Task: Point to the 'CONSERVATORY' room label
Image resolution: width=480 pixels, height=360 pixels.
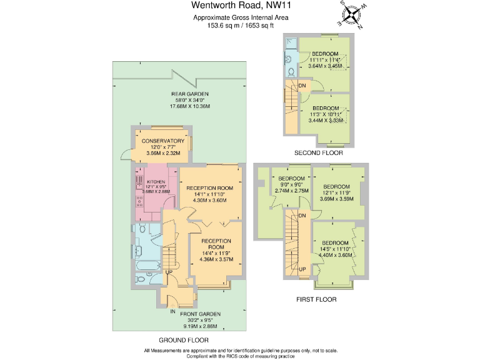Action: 162,141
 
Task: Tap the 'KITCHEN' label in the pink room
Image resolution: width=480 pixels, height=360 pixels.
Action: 156,181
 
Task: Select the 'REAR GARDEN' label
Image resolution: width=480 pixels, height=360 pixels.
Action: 190,94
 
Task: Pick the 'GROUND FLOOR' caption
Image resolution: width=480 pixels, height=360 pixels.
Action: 183,340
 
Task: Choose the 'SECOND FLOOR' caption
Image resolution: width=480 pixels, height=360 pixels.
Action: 319,153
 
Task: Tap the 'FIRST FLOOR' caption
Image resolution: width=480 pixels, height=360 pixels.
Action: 316,299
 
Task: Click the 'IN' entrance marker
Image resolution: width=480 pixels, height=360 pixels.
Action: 172,311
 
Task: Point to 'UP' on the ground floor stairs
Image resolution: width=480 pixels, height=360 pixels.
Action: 169,272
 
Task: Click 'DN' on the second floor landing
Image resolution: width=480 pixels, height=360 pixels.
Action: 302,86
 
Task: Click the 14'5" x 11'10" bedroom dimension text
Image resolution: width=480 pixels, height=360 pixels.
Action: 335,249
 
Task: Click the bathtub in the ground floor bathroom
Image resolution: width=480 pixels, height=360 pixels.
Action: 147,268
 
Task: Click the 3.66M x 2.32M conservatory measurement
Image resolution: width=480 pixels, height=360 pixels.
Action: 162,152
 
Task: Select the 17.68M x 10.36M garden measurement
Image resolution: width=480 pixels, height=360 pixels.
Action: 190,106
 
